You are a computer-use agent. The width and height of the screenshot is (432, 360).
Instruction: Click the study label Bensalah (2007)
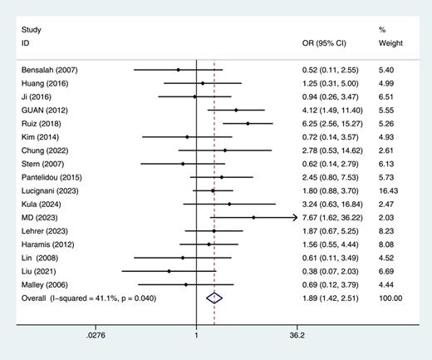tap(49, 70)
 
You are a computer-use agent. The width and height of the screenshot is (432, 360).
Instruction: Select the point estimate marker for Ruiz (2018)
tap(248, 123)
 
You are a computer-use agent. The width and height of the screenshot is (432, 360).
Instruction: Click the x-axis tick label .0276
tap(96, 337)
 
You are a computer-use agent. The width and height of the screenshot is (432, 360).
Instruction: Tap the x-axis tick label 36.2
tap(297, 337)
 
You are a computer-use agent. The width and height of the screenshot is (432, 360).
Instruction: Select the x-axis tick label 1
tap(196, 337)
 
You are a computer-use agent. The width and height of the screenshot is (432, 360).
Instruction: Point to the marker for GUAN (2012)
tap(236, 110)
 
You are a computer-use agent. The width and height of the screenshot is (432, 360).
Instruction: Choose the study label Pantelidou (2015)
tap(52, 177)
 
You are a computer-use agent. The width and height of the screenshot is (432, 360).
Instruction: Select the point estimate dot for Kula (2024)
tap(229, 204)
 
